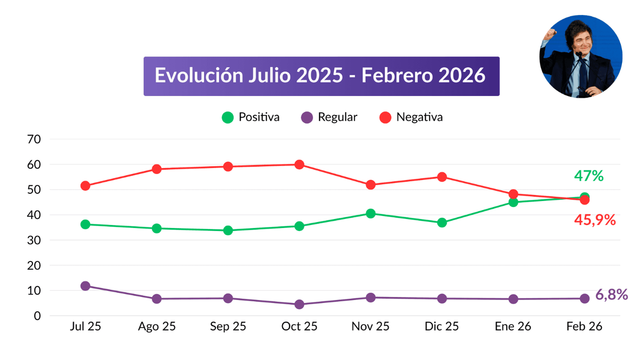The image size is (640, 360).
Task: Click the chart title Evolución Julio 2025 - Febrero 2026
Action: [x=320, y=76]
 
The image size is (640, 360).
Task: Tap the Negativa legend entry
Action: [x=411, y=117]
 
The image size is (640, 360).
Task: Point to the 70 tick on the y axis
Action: [x=34, y=139]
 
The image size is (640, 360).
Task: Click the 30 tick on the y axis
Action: [x=34, y=240]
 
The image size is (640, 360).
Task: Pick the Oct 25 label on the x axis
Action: [x=299, y=327]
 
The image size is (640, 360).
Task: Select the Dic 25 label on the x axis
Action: [x=442, y=327]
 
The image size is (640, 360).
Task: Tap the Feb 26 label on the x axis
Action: [x=584, y=327]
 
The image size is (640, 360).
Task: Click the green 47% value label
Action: [x=589, y=176]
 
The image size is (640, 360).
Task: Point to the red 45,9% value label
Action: [x=595, y=220]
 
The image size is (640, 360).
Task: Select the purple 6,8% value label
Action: [x=611, y=295]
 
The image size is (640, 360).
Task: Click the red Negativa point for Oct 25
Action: [x=299, y=165]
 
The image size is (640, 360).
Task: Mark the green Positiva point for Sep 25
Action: [x=228, y=231]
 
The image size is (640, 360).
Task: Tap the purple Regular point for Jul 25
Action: [x=85, y=286]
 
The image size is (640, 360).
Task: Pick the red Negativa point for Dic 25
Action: [x=442, y=177]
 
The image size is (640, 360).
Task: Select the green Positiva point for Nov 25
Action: [x=371, y=213]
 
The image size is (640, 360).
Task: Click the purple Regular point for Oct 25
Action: [x=299, y=304]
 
